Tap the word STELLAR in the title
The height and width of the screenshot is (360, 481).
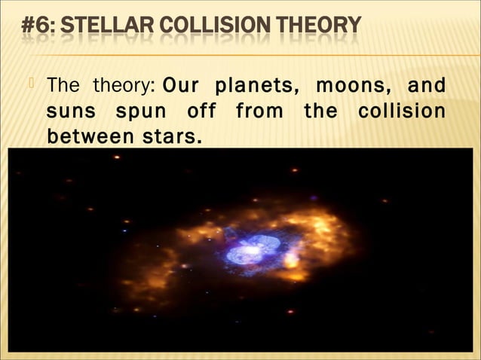101,26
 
